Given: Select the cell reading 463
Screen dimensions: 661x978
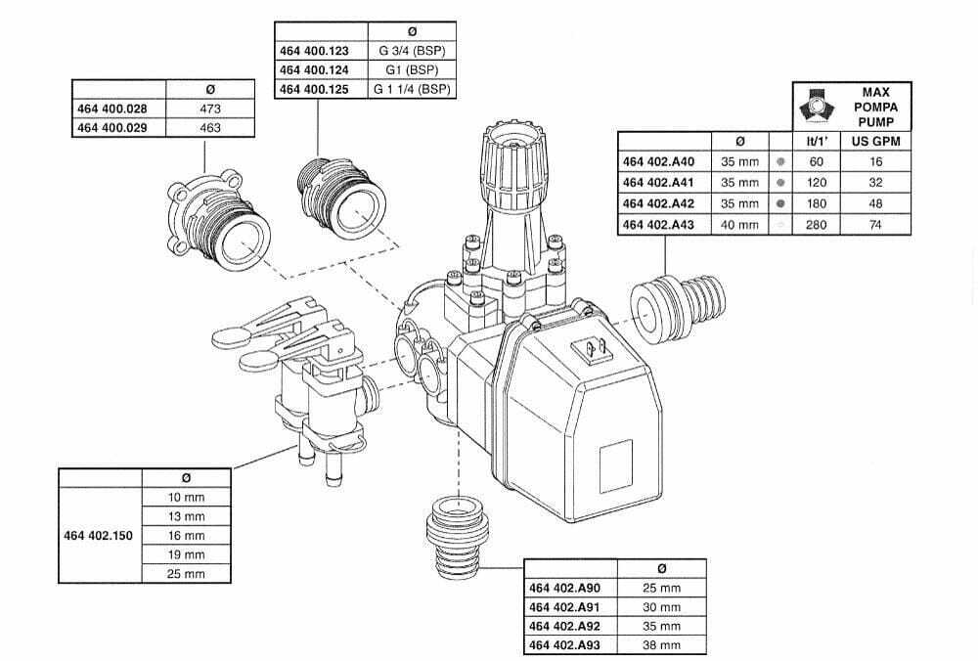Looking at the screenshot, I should point(210,128).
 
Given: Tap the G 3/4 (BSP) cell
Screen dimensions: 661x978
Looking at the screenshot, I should point(411,51).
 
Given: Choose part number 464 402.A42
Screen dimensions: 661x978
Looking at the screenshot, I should point(658,203).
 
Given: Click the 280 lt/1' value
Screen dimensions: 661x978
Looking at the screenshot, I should point(817,225).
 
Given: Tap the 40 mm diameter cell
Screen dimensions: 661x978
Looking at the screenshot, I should point(739,225).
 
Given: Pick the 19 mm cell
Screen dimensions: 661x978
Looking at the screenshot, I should point(187,555).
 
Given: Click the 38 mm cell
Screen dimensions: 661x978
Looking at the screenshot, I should point(661,645).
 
